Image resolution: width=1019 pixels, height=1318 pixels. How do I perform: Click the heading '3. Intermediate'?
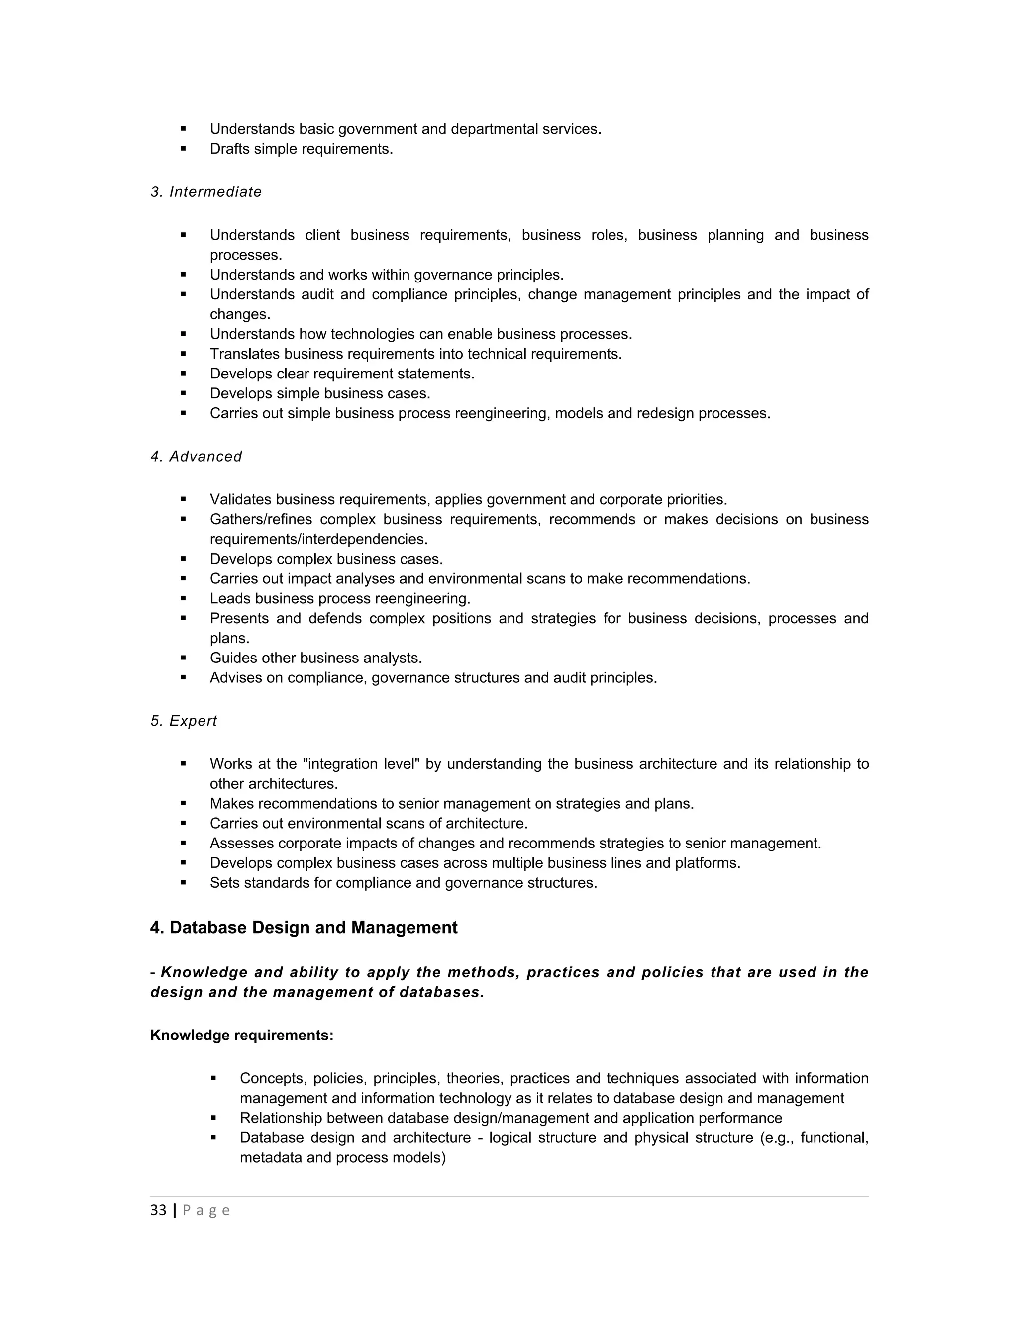[x=206, y=192]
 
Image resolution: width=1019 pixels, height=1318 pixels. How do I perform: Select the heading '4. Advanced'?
[x=196, y=456]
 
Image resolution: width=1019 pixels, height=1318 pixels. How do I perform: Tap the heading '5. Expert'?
[x=184, y=721]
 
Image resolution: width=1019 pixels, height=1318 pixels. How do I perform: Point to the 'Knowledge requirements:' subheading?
[x=241, y=1035]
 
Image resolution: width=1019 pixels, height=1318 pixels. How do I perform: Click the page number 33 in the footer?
[x=158, y=1210]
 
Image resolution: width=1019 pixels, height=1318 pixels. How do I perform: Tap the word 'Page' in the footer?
[x=206, y=1210]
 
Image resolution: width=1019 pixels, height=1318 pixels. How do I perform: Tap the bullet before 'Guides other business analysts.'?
[x=184, y=658]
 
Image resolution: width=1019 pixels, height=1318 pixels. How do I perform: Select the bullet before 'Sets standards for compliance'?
[x=184, y=883]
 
